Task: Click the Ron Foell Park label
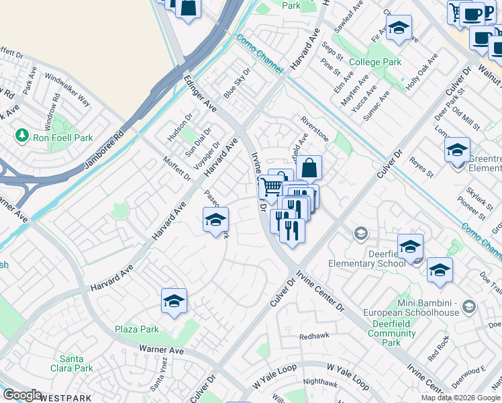[63, 137]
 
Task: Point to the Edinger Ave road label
[200, 94]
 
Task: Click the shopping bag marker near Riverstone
[309, 168]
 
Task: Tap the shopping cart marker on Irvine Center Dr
[271, 186]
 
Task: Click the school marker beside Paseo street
[215, 220]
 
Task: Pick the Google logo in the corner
[22, 395]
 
